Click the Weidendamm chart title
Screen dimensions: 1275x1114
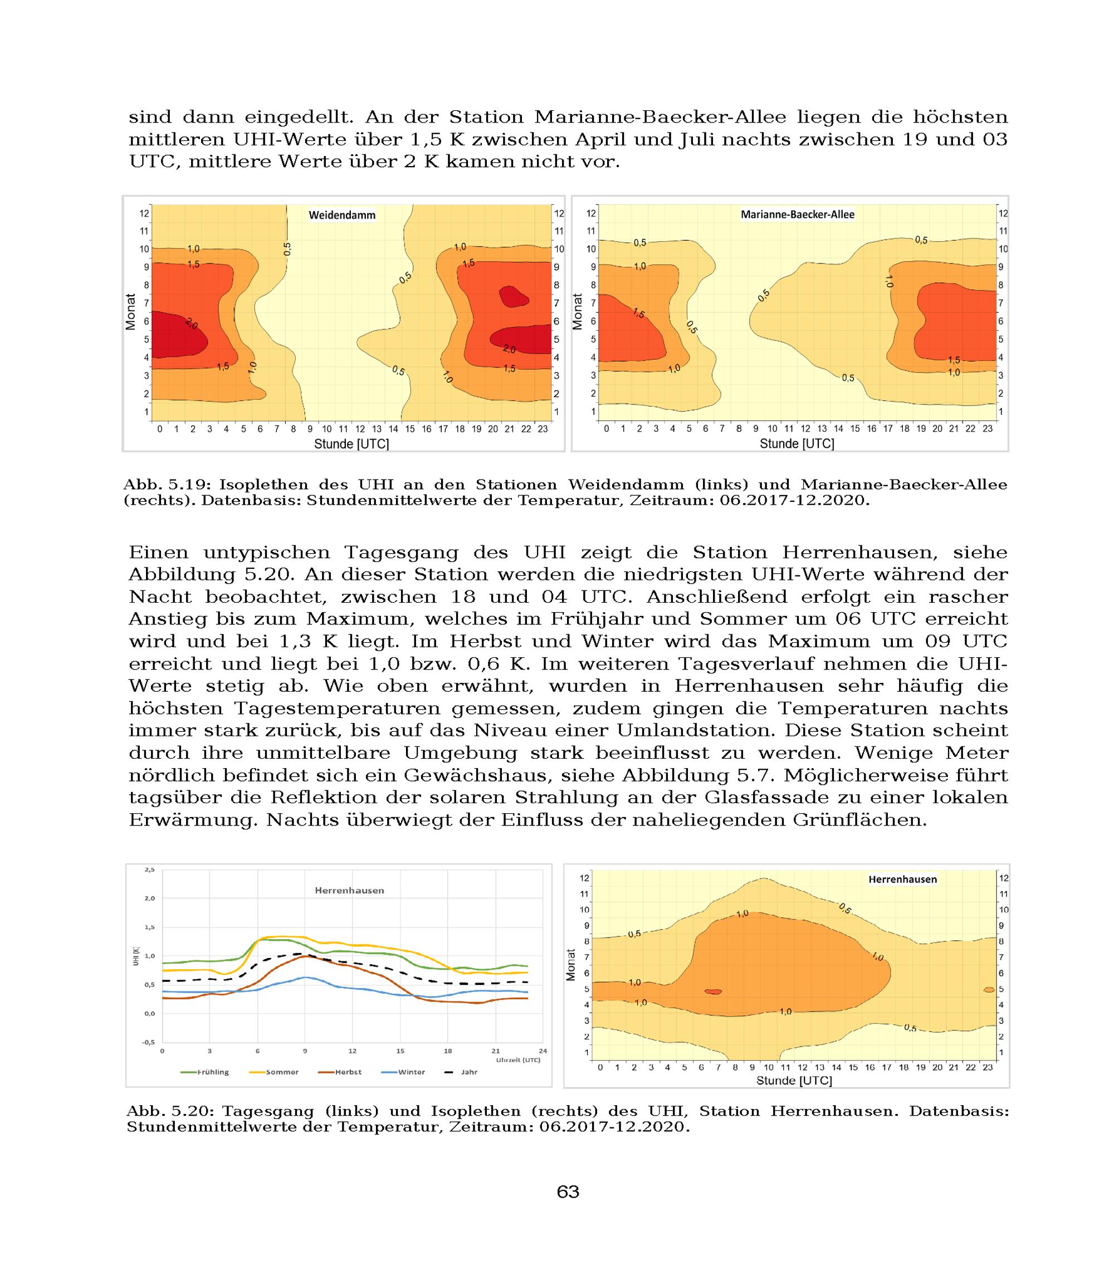pyautogui.click(x=342, y=215)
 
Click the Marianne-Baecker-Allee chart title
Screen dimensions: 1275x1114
pyautogui.click(x=797, y=214)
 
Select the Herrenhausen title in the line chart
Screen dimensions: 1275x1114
pyautogui.click(x=349, y=890)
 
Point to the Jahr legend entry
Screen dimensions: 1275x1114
pyautogui.click(x=462, y=1072)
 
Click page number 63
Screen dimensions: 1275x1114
pyautogui.click(x=568, y=1191)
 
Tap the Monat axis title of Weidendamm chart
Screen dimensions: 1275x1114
pyautogui.click(x=130, y=311)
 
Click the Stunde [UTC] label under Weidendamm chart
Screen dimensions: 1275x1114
pyautogui.click(x=351, y=444)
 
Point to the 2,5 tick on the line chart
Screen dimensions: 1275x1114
pyautogui.click(x=150, y=869)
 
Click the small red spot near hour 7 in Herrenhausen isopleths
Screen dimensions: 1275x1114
pyautogui.click(x=713, y=991)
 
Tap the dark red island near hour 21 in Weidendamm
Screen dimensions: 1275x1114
pyautogui.click(x=514, y=296)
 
